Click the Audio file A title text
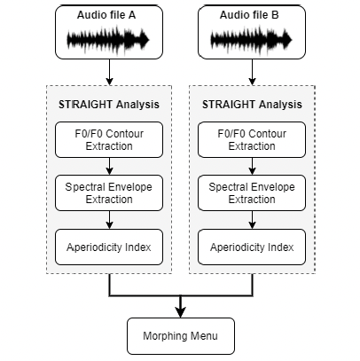click(x=106, y=15)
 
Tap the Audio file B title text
click(x=249, y=15)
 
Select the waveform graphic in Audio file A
click(x=108, y=40)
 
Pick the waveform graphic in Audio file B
click(x=251, y=40)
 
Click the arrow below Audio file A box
click(x=110, y=72)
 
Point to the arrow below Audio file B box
click(x=252, y=72)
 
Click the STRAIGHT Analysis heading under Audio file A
click(x=109, y=105)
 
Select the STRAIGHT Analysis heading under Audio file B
click(x=252, y=105)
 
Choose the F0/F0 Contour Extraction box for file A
click(x=109, y=139)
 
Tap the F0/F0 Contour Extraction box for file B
click(x=252, y=139)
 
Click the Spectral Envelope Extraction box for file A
click(x=109, y=192)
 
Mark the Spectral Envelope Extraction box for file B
click(x=252, y=192)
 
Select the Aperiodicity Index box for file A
click(x=109, y=247)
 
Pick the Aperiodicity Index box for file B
click(x=252, y=247)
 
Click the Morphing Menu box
click(x=181, y=336)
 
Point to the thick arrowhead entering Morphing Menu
click(x=181, y=313)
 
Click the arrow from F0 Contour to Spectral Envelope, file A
click(x=110, y=166)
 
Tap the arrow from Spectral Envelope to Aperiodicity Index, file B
click(x=252, y=220)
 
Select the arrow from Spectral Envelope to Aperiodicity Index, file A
click(x=110, y=220)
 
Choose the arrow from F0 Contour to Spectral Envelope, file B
click(x=252, y=166)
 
